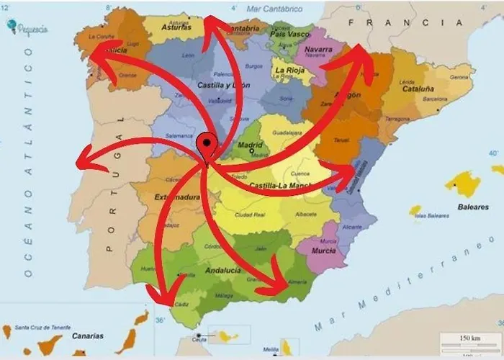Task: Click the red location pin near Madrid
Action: (207, 145)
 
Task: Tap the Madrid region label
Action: (250, 144)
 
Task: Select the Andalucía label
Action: (223, 270)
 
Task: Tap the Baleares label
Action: (473, 207)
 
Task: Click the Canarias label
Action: (87, 335)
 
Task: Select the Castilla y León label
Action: (220, 85)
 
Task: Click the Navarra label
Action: (318, 50)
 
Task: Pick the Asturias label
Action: (176, 27)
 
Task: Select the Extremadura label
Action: (176, 197)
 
